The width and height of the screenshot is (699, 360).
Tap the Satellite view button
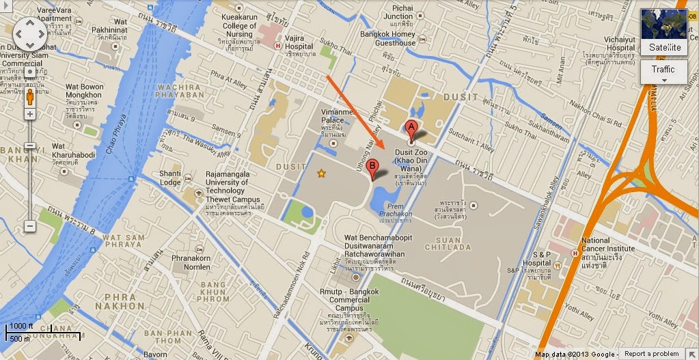point(664,33)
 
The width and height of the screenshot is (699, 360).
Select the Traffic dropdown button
point(663,72)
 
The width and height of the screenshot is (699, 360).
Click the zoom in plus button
point(30,114)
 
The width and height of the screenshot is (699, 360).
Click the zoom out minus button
point(30,225)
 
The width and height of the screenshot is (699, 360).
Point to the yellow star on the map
point(320,174)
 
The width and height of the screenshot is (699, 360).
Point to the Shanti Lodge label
point(170,178)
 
